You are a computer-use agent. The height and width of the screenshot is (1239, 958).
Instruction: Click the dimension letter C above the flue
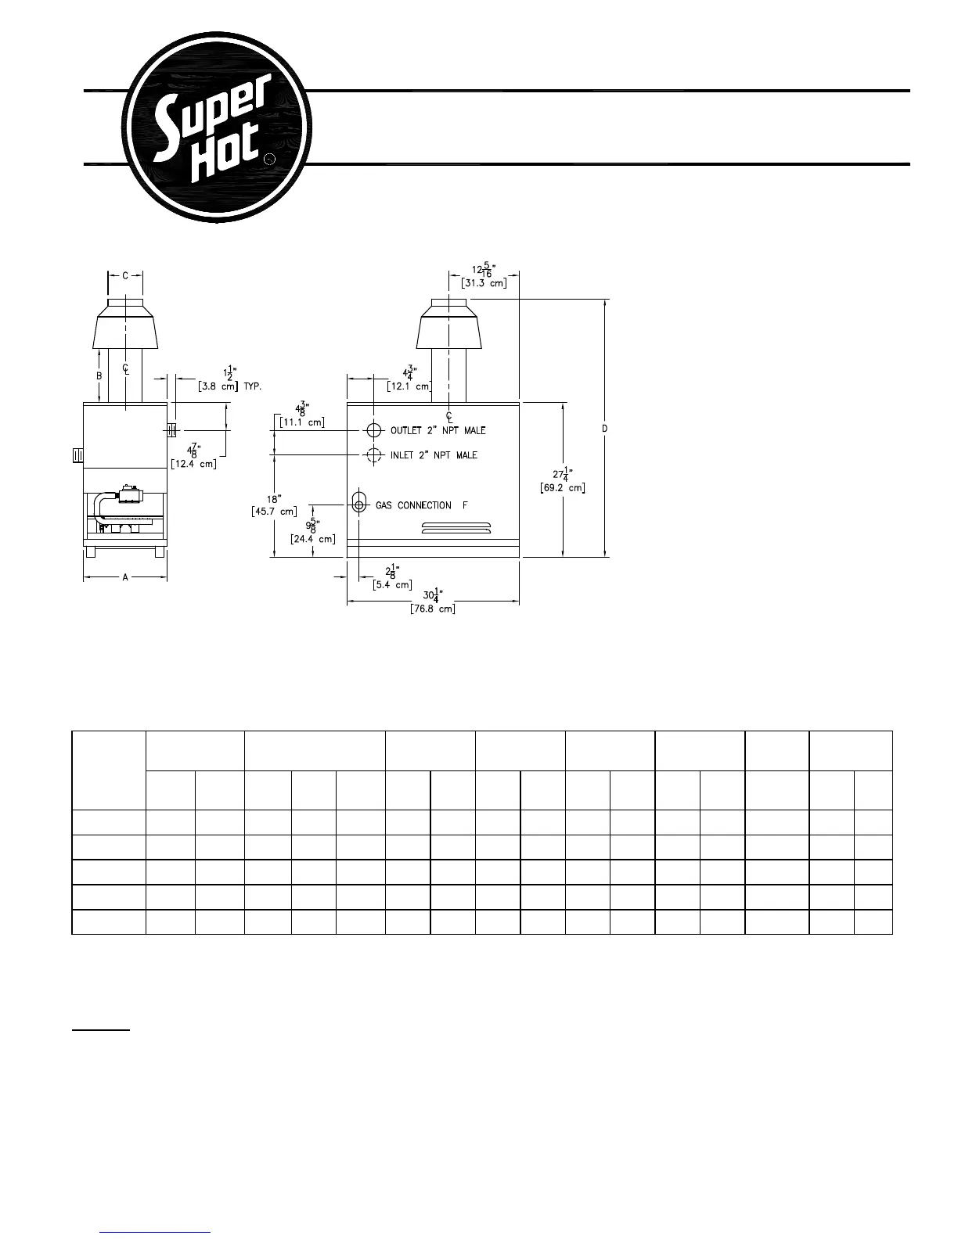[x=125, y=275]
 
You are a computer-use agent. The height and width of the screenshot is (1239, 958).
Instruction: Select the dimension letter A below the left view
[x=125, y=577]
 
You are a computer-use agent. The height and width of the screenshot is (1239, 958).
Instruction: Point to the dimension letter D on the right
[x=605, y=428]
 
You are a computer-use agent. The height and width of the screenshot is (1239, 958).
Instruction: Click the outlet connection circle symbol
[x=374, y=430]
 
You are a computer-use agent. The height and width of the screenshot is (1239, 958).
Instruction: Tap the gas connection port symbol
[x=359, y=505]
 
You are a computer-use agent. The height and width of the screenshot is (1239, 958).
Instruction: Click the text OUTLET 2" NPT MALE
[x=438, y=431]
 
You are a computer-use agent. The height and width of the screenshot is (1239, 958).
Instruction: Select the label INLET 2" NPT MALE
[x=434, y=455]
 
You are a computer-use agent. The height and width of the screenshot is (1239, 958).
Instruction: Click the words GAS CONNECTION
[x=413, y=505]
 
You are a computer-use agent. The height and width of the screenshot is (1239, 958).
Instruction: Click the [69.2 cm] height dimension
[x=562, y=488]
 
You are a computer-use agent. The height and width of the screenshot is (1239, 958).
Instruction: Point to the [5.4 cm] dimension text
[x=393, y=584]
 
